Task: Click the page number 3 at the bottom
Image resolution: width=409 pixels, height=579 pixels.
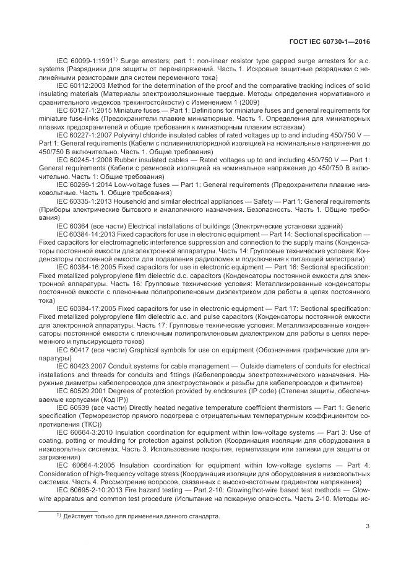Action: tap(368, 527)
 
